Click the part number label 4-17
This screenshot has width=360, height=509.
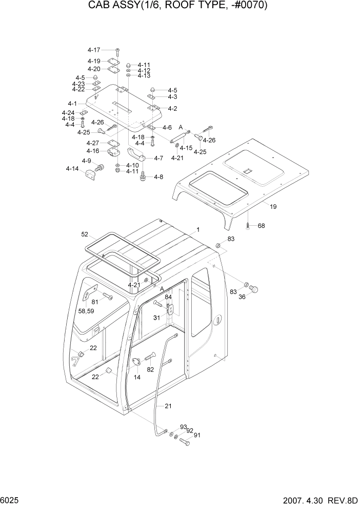94,50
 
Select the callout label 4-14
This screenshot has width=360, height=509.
72,168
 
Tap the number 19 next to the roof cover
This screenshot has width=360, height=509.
273,207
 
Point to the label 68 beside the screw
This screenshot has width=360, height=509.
261,226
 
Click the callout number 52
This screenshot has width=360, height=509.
85,234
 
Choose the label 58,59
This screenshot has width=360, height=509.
87,311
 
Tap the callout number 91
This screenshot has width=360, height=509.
197,436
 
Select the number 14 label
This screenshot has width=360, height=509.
137,377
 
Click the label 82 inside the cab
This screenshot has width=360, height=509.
150,369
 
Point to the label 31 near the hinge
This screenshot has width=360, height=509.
157,317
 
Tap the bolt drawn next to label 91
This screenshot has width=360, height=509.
185,442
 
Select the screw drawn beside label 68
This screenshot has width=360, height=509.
248,225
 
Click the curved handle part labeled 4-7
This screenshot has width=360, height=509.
135,154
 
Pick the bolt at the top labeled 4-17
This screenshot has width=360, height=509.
117,50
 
